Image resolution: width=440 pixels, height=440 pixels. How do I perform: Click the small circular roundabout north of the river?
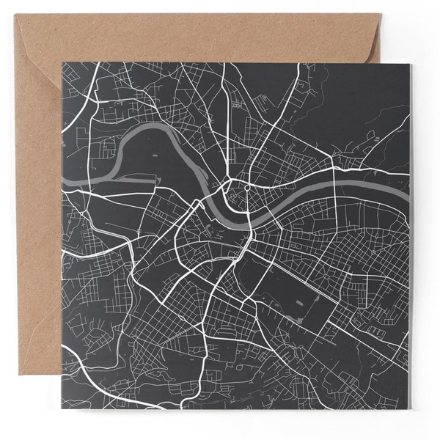coord(247,187)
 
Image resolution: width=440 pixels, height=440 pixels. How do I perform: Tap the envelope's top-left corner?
coord(15,15)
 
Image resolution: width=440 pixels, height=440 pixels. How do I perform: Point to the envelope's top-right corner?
coord(380,14)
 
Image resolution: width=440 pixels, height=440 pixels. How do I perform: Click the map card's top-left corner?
coord(62,64)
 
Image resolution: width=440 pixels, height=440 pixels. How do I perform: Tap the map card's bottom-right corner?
coord(410,410)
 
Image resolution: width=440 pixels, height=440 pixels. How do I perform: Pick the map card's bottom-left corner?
coord(62,410)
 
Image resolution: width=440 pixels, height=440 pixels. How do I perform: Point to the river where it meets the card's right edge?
coord(408,192)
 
